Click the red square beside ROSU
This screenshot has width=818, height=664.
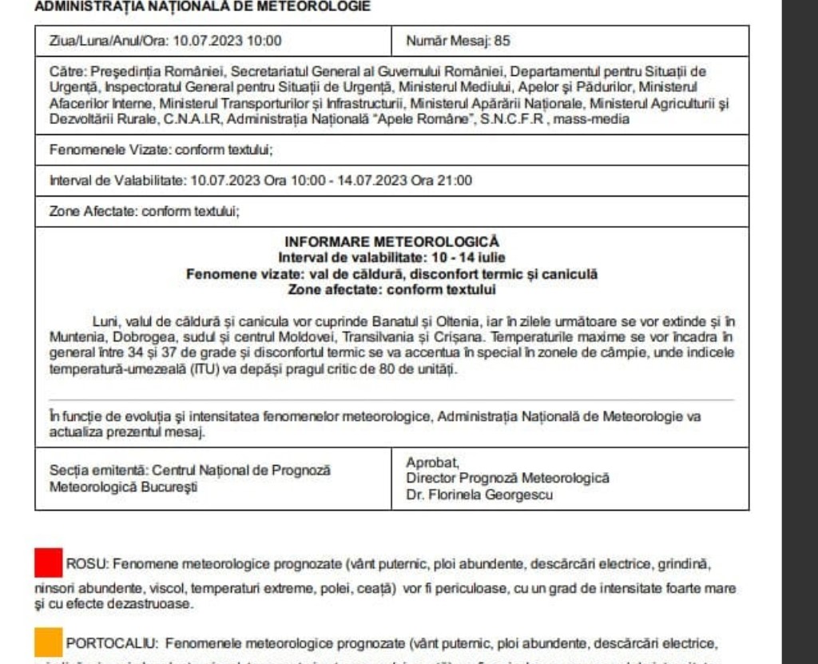(x=49, y=563)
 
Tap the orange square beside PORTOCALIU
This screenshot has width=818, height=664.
(x=49, y=641)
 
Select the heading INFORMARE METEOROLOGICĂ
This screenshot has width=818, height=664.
(x=391, y=241)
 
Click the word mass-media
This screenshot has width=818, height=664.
(x=579, y=119)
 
